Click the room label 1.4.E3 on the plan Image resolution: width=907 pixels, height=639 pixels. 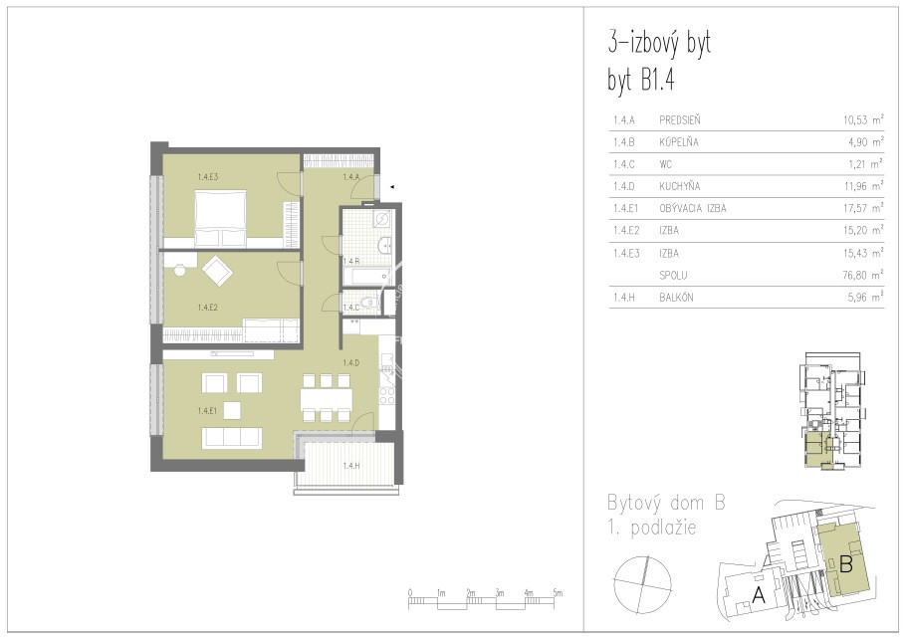[208, 177]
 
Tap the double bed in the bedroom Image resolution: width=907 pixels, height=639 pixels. [220, 218]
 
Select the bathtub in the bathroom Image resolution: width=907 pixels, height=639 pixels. [365, 277]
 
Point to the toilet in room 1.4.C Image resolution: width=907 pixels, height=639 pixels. [367, 302]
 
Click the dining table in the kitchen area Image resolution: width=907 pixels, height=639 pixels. [327, 398]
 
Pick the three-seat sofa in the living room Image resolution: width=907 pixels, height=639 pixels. [232, 438]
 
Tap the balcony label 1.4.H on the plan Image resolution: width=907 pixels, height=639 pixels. [351, 466]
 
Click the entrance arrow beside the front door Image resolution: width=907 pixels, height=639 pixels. [392, 187]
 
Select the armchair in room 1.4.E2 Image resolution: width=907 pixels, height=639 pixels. [217, 270]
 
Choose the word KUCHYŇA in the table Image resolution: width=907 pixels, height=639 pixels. [680, 186]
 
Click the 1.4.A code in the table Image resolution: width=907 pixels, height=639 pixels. [624, 120]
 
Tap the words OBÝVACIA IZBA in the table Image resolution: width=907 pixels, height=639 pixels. [692, 208]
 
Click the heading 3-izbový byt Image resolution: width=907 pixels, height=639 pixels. [659, 44]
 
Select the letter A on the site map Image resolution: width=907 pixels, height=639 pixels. [758, 594]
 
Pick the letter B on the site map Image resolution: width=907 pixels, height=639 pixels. [846, 563]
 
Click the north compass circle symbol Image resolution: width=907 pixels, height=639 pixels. [642, 584]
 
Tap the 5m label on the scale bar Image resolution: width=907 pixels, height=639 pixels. [557, 593]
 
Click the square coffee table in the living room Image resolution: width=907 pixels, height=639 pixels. [232, 410]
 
